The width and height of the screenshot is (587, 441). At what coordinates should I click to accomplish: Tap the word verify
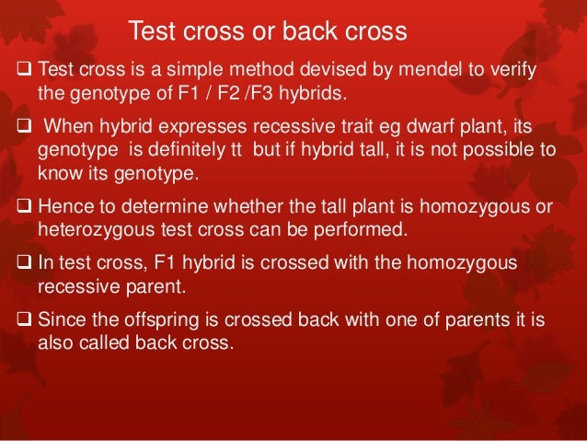(511, 72)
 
